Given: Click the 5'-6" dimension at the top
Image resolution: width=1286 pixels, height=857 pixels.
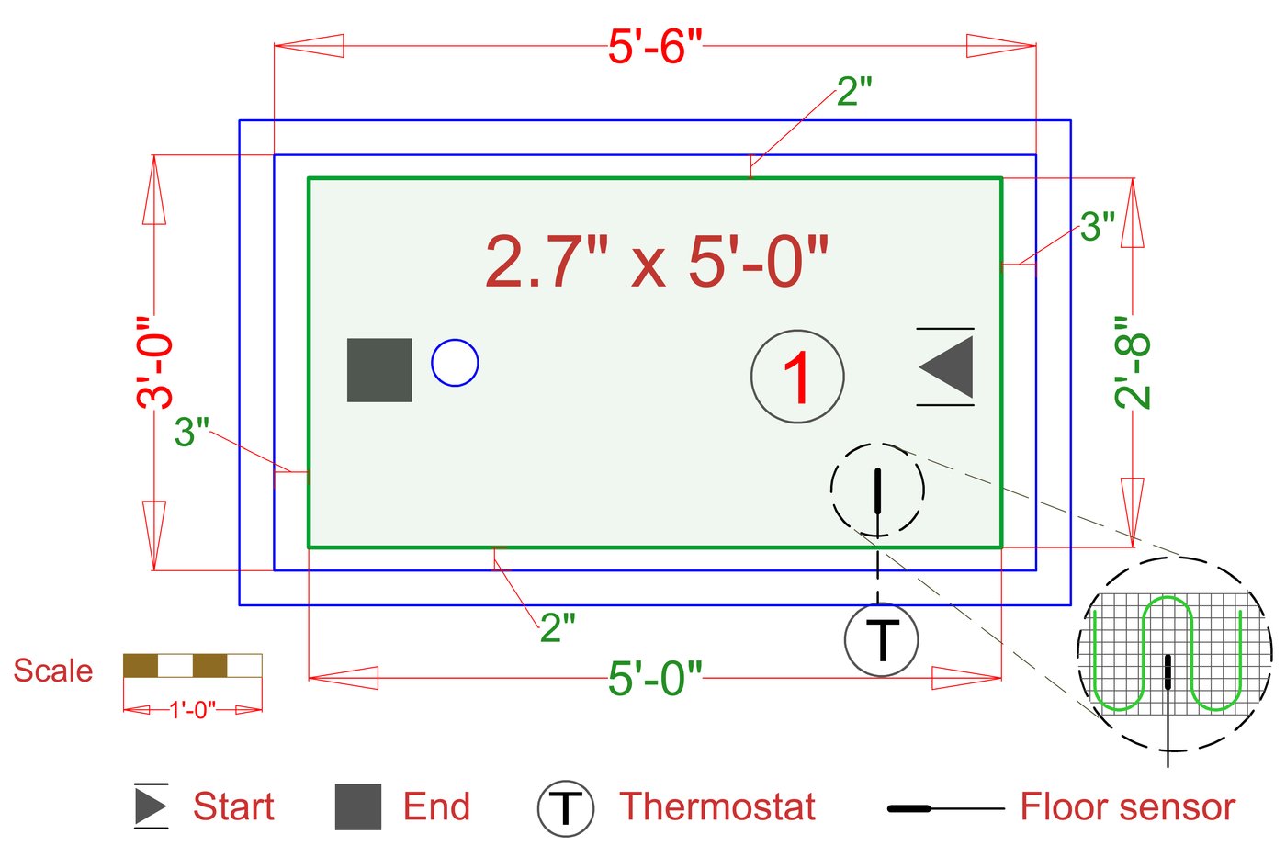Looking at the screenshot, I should click(654, 46).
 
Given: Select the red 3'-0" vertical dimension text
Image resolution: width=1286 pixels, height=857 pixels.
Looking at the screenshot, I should click(154, 363).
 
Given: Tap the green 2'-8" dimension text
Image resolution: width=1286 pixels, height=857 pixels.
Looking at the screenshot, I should click(1133, 363).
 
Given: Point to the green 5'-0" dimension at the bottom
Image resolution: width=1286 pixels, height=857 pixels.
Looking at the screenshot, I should click(654, 679).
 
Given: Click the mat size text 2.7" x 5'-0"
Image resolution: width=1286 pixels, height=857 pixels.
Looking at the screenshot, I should click(656, 262).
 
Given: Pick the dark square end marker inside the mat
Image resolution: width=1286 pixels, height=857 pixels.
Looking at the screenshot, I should click(379, 370).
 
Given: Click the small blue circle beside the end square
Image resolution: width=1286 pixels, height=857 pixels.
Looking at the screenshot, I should click(455, 363).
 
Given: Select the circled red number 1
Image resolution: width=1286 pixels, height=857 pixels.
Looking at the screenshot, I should click(797, 377).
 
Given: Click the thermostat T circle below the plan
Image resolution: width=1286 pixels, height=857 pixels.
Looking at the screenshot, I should click(881, 639).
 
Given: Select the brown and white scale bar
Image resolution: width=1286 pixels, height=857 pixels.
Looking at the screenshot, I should click(192, 666).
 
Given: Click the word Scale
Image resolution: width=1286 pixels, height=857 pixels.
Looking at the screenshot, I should click(52, 671).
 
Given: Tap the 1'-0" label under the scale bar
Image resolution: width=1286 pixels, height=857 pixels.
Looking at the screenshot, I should click(192, 709).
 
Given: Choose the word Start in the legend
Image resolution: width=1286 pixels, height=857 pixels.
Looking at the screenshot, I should click(233, 806).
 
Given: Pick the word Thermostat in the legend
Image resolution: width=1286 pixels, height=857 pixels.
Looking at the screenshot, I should click(716, 806).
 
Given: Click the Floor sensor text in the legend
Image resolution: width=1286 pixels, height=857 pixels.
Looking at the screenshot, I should click(1127, 806).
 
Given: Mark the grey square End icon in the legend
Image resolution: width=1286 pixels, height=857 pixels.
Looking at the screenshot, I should click(358, 806).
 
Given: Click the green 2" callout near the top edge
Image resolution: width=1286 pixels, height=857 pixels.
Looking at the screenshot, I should click(854, 91).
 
